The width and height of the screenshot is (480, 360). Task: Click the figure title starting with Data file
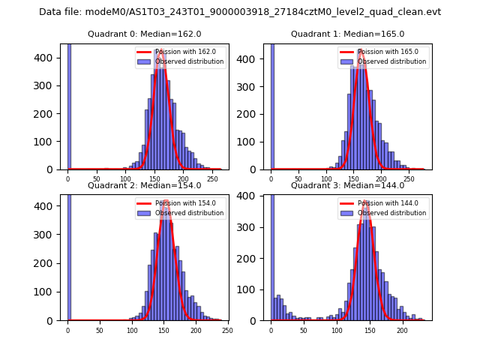click(240, 12)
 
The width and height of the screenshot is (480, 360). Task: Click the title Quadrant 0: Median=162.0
click(144, 34)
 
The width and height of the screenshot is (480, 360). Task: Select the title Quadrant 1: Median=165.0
click(347, 34)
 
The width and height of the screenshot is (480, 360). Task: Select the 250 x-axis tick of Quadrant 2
click(227, 331)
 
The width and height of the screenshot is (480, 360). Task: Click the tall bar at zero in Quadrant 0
click(69, 105)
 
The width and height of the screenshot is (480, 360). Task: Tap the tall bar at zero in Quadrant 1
click(272, 105)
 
